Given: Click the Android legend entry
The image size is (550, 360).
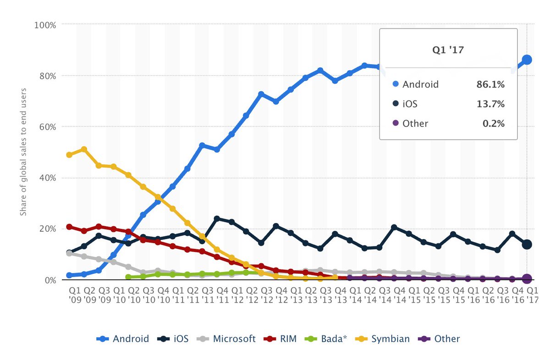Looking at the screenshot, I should coord(122,339).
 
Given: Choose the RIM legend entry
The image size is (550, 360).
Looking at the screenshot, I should coord(280,339).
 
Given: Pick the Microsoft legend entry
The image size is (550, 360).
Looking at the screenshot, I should coord(227,339).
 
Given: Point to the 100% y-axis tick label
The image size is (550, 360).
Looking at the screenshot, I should coord(45,25).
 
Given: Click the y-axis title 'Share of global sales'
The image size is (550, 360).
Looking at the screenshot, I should coord(23,152).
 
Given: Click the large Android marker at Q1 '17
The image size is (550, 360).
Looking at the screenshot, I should coord(527,60).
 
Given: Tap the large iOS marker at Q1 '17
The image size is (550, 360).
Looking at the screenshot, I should coord(527,245).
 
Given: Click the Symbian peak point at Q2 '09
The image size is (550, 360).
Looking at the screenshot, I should coord(84,149).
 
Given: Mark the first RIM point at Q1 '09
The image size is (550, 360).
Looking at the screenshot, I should coord(69,227).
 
